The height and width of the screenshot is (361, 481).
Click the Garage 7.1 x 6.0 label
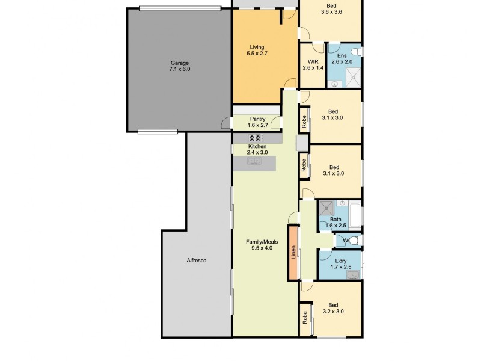(x=180, y=66)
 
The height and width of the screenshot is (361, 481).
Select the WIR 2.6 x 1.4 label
(x=313, y=64)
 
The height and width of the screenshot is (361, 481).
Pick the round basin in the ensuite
(x=334, y=84)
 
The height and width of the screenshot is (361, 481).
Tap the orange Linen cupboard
(x=293, y=252)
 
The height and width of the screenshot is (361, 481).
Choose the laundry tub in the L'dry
(x=353, y=275)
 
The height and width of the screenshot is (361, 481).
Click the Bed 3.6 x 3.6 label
(x=331, y=9)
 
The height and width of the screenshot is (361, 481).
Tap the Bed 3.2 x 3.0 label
(x=333, y=308)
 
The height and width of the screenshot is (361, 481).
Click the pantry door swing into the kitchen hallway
(x=275, y=123)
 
